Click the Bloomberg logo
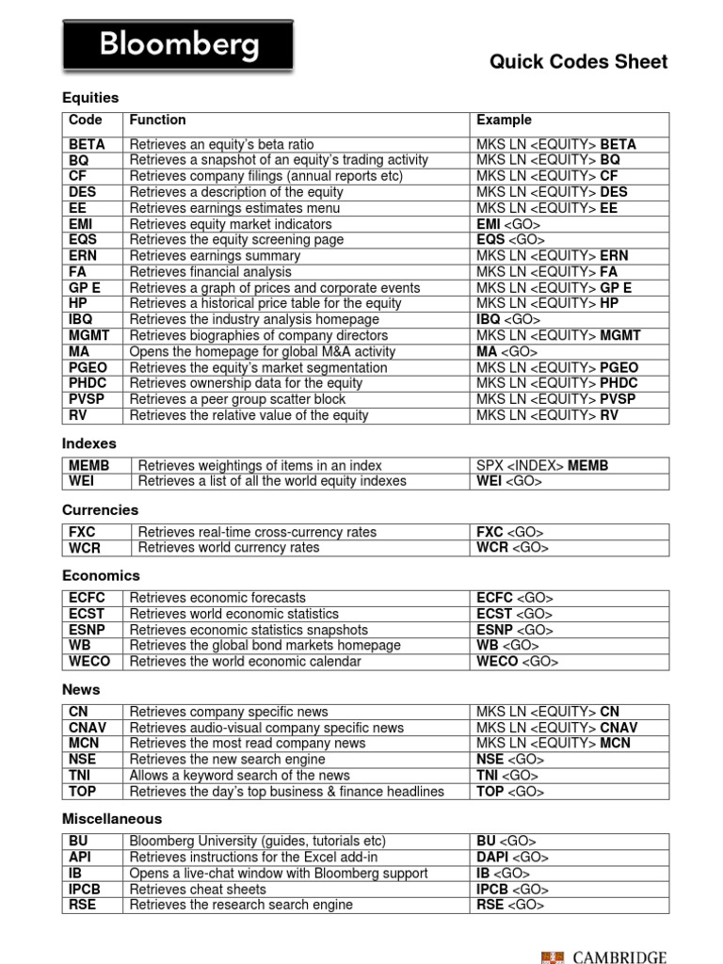click(177, 44)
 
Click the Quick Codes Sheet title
click(578, 62)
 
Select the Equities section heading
click(90, 98)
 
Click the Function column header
click(157, 120)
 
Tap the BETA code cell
click(87, 145)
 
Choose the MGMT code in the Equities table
click(89, 335)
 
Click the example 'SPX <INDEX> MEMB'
click(543, 466)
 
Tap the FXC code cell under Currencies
click(83, 532)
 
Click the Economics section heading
click(101, 575)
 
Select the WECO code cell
click(89, 662)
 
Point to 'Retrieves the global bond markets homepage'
click(265, 646)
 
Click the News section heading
click(80, 689)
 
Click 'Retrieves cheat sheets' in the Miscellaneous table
click(198, 889)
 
